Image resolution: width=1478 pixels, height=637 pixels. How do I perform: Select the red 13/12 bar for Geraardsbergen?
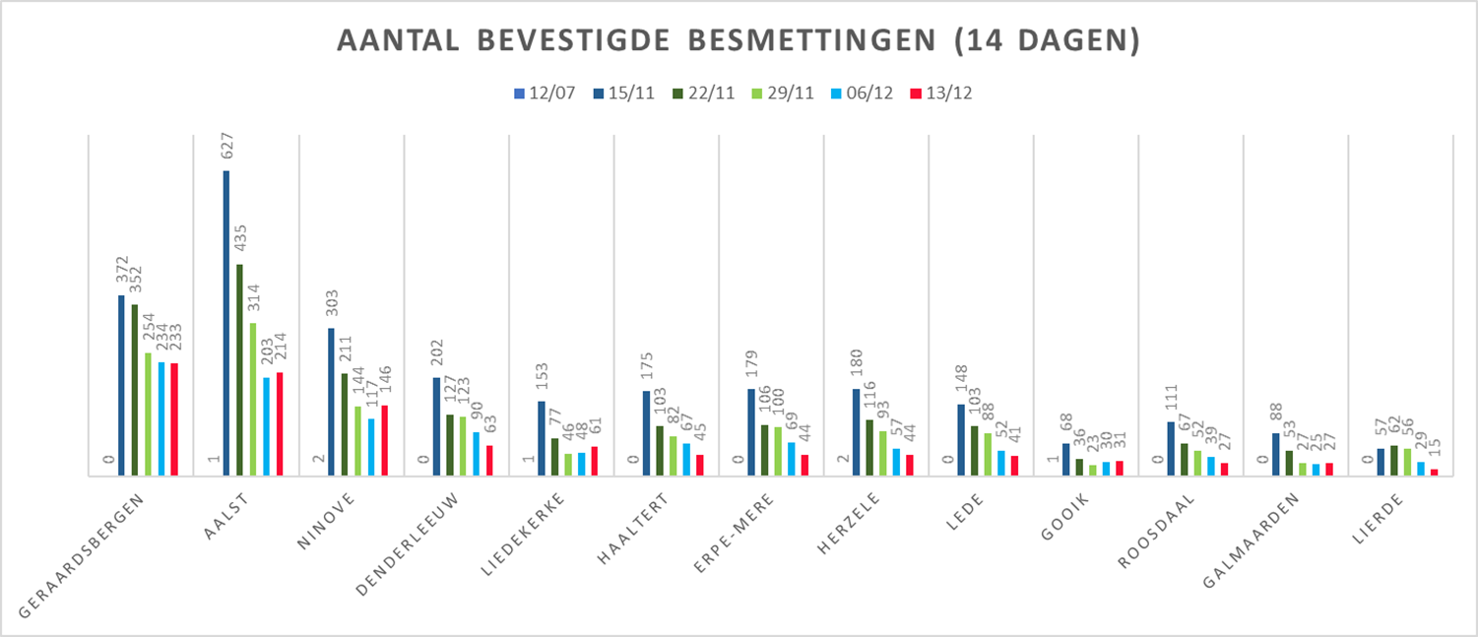(x=174, y=419)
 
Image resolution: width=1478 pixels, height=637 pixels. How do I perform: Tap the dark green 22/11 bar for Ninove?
(x=345, y=424)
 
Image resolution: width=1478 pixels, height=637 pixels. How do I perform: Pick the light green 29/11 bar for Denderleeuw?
(x=463, y=446)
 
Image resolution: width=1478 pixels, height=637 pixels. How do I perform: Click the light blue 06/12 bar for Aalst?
(x=266, y=426)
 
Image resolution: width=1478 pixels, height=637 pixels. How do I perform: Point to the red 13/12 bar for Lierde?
(x=1434, y=472)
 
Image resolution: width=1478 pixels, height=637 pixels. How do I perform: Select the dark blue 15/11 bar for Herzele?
(x=857, y=432)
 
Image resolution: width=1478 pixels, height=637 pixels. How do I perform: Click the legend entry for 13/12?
(x=948, y=94)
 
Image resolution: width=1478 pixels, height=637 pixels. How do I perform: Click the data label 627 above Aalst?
(x=226, y=149)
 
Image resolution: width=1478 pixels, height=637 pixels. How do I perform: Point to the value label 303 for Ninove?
(x=332, y=306)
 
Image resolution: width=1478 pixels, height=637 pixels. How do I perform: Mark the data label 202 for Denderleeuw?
(x=436, y=355)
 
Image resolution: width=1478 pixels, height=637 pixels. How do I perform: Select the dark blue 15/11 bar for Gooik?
(x=1066, y=460)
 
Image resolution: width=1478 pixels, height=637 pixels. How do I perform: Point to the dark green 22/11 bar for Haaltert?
(x=660, y=451)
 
